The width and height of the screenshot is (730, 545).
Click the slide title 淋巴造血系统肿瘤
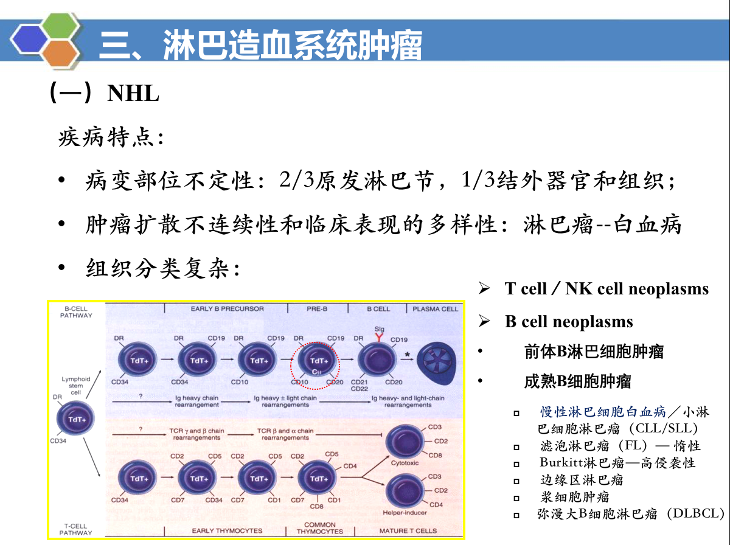click(x=292, y=45)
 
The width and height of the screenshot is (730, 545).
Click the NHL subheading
click(x=133, y=94)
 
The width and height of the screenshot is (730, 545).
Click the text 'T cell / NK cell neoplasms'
click(x=607, y=289)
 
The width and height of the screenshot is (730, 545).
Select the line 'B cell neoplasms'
click(x=569, y=322)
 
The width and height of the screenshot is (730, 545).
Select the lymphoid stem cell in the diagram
click(x=75, y=420)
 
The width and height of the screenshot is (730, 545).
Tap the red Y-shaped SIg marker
click(x=380, y=338)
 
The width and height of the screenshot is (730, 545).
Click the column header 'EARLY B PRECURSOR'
click(x=227, y=309)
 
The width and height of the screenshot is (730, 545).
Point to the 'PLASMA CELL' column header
click(x=435, y=309)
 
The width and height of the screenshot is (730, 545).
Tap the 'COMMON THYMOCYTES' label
click(x=319, y=528)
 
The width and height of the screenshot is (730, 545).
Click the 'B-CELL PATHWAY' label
click(x=76, y=312)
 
